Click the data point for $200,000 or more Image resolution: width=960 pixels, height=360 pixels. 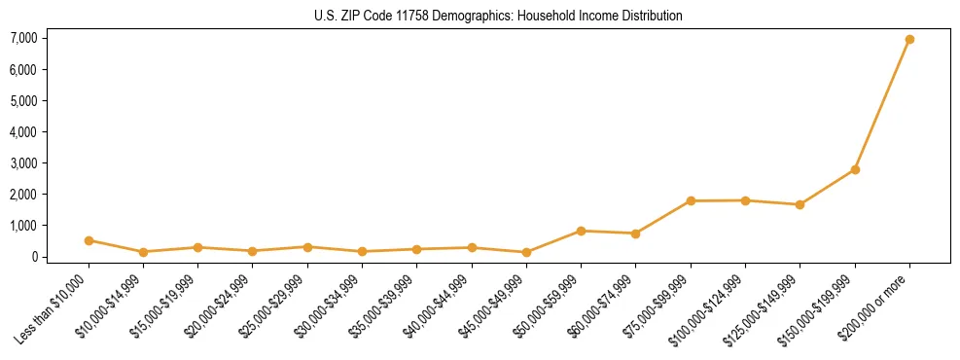tap(909, 40)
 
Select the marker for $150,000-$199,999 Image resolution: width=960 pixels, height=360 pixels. tap(855, 169)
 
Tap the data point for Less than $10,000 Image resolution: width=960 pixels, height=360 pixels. tap(89, 240)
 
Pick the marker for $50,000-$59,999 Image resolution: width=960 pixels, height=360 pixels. tap(581, 231)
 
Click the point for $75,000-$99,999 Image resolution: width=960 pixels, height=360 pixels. tap(691, 201)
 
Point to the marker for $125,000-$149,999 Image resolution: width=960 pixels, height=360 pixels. tap(800, 204)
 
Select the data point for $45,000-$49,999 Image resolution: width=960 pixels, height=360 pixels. tap(526, 252)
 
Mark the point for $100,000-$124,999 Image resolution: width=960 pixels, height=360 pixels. tap(745, 200)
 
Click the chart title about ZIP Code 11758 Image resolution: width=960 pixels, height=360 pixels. tap(498, 16)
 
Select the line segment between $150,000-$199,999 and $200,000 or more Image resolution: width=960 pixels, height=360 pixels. tap(882, 105)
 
